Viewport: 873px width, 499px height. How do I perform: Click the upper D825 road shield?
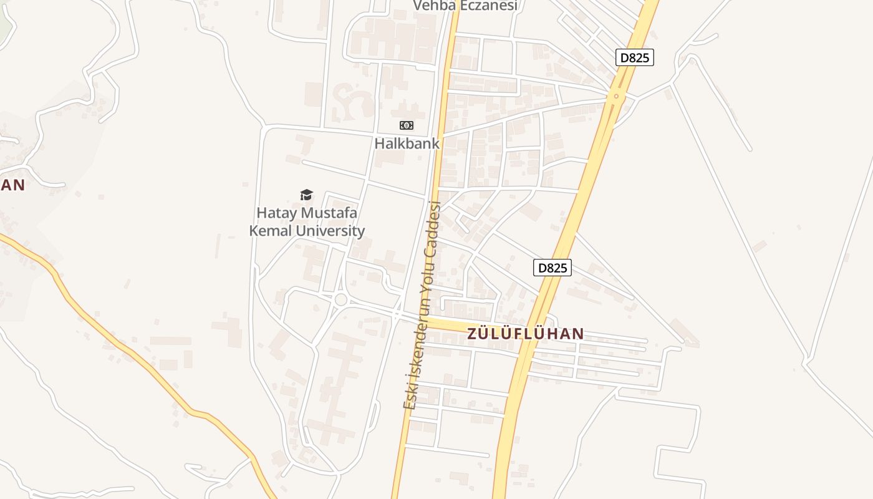(x=635, y=58)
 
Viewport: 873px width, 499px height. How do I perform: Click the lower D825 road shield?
(x=552, y=268)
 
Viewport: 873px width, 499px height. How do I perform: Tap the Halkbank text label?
(x=407, y=143)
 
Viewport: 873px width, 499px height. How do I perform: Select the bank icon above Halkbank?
(x=407, y=125)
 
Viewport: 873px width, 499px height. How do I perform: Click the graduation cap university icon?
(x=306, y=195)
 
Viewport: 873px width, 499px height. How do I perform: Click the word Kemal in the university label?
(x=271, y=231)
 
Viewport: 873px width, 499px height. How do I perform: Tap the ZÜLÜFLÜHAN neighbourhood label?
(x=526, y=334)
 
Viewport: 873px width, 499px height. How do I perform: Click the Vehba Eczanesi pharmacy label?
(x=466, y=6)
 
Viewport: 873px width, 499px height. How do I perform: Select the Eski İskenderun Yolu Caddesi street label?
(x=423, y=306)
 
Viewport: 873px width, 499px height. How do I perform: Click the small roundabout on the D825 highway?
(x=616, y=95)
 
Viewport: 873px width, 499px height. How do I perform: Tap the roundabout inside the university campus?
(x=340, y=299)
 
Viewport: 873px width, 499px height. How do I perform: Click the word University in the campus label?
(x=330, y=231)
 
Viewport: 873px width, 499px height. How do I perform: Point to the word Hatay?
(x=277, y=213)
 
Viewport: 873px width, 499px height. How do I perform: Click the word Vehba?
(x=435, y=6)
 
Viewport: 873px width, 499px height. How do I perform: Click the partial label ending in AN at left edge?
(x=12, y=185)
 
